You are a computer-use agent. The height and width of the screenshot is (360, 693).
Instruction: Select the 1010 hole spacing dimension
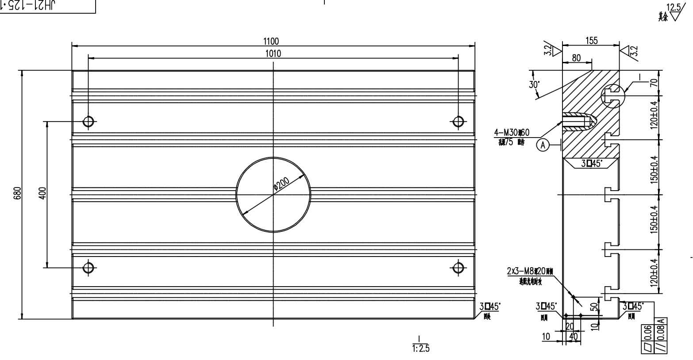coord(273,54)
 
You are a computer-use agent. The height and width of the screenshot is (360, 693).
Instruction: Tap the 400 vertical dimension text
coord(42,194)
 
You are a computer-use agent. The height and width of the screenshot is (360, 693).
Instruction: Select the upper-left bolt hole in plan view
coord(88,121)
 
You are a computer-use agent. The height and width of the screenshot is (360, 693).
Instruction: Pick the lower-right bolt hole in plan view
coord(458,267)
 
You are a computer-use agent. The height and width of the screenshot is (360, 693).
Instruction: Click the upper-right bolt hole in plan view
coord(458,121)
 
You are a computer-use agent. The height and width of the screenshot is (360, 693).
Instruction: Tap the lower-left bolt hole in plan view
coord(88,267)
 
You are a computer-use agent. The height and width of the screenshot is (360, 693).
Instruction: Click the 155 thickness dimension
coord(591,41)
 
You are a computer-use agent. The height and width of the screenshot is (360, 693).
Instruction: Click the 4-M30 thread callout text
coord(512,132)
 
